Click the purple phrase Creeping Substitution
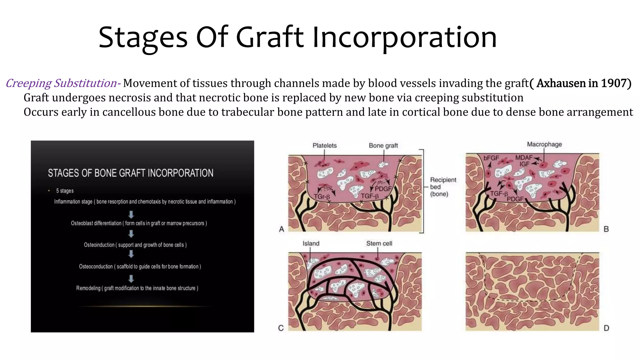[61, 83]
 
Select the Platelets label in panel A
[324, 146]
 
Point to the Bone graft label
[383, 146]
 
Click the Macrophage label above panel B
[544, 144]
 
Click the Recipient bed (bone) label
[442, 187]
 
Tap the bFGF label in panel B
[491, 158]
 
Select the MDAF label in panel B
[524, 158]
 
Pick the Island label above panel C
[311, 243]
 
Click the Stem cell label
[379, 243]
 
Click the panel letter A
[282, 229]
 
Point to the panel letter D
[606, 328]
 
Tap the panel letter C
[281, 328]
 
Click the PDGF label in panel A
[383, 189]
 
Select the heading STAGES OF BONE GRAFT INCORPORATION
[130, 173]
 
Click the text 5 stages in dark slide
[65, 191]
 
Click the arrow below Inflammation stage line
[131, 214]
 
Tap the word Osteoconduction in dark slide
[96, 267]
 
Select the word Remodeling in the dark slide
[88, 288]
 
